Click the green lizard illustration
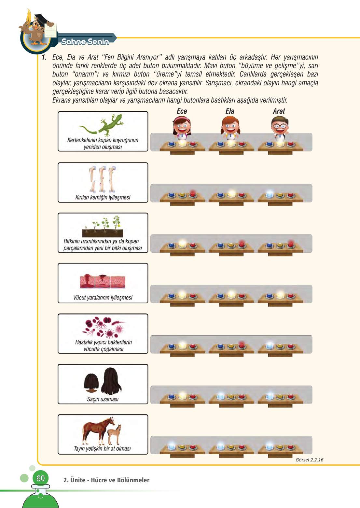point(101,125)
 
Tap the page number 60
point(40,478)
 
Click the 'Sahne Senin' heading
point(85,42)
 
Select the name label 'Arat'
point(279,111)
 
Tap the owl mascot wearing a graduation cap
point(37,29)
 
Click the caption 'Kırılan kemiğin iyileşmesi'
point(103,197)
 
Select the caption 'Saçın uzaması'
point(103,399)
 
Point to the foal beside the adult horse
point(114,434)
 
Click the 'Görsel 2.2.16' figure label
point(310,460)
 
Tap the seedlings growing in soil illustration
point(103,226)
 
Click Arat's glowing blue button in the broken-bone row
point(269,195)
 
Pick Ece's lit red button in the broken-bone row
point(193,194)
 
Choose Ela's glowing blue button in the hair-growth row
point(221,397)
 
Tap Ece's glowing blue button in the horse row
point(172,447)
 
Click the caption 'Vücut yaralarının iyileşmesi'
point(103,298)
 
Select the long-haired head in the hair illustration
point(111,381)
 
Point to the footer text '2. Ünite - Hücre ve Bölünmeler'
point(106,480)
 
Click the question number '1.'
point(44,57)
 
